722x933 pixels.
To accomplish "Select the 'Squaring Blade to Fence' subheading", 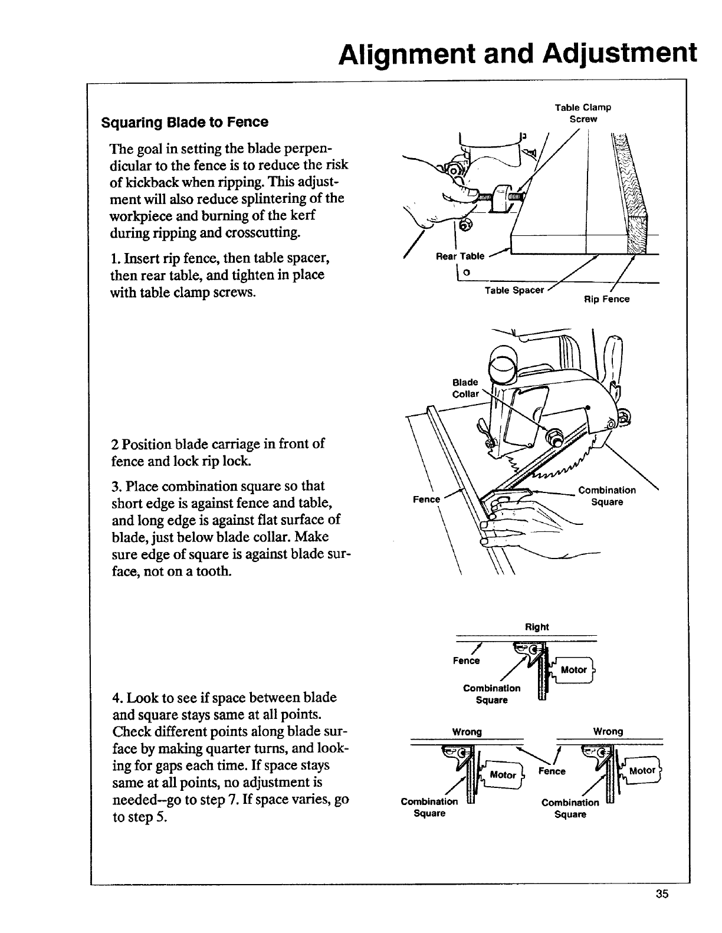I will [185, 122].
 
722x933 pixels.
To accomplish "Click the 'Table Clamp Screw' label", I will [583, 113].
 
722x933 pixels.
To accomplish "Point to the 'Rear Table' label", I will [460, 256].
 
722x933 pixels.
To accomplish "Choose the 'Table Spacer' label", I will [514, 290].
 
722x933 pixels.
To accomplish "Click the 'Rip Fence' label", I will [606, 299].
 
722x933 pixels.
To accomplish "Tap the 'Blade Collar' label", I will [465, 388].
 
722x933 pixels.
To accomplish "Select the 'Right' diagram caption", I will [537, 627].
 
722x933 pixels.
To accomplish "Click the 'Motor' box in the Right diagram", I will [573, 670].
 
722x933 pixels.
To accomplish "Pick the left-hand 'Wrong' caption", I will [467, 732].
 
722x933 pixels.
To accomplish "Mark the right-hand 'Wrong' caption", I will [608, 731].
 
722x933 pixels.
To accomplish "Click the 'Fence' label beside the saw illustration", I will [426, 500].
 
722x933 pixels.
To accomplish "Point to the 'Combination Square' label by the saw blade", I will [607, 496].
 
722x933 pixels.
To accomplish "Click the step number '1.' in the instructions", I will [115, 258].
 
